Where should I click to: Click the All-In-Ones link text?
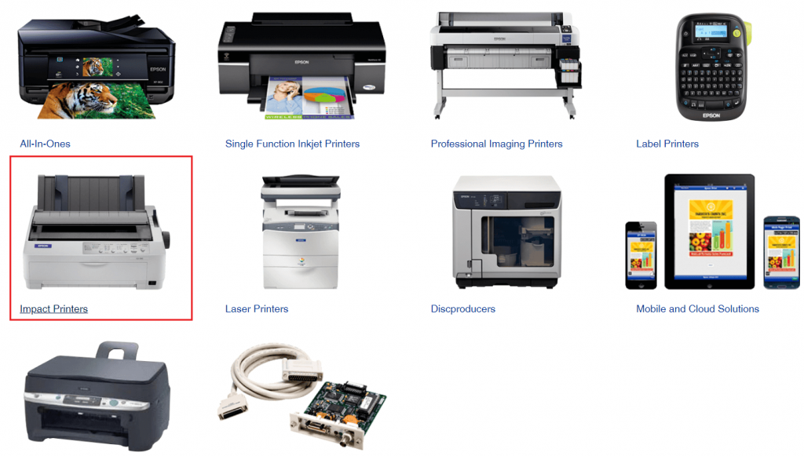coord(45,144)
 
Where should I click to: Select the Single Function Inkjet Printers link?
coord(292,144)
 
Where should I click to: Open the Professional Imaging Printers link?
coord(496,144)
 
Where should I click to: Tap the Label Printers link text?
coord(667,144)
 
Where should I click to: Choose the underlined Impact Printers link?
coord(53,309)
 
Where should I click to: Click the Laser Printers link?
coord(257,309)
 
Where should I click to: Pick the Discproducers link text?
coord(462,309)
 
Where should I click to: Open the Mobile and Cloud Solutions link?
coord(697,309)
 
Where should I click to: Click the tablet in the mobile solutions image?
coord(711,232)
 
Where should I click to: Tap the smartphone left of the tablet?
coord(640,255)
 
